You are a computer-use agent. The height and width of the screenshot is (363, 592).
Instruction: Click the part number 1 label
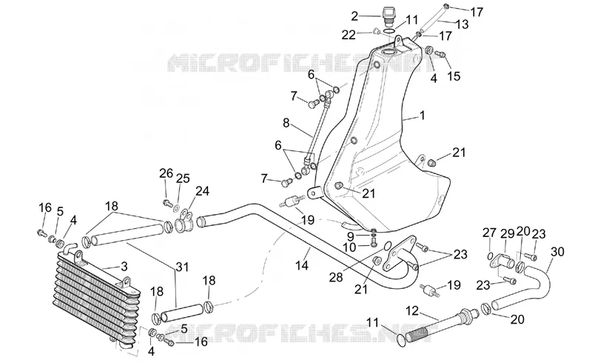[x=423, y=115]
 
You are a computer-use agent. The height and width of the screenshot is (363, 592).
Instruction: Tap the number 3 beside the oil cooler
[x=124, y=267]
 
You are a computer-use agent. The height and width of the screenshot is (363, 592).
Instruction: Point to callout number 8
[x=286, y=123]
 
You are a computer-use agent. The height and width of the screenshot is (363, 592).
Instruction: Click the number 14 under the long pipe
[x=302, y=265]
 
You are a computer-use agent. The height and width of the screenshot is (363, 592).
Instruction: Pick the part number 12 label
[x=412, y=311]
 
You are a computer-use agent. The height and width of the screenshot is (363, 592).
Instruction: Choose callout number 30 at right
[x=557, y=251]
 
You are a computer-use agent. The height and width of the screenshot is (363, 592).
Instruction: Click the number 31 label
[x=181, y=267]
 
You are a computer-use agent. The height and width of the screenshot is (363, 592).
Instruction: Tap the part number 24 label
[x=202, y=191]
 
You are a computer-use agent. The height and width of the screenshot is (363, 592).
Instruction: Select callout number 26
[x=166, y=173]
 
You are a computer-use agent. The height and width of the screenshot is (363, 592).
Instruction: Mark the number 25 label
[x=183, y=178]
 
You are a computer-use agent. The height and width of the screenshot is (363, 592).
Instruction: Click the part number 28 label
[x=336, y=278]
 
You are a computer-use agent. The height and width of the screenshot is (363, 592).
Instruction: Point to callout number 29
[x=508, y=233]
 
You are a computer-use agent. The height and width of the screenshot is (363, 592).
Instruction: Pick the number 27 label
[x=489, y=233]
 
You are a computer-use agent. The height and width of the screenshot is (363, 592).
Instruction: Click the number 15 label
[x=454, y=76]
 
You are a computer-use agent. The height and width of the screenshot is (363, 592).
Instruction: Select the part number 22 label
[x=349, y=35]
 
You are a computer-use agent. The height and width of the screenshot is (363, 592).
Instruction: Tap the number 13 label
[x=462, y=24]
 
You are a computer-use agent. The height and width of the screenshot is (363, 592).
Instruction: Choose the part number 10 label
[x=349, y=247]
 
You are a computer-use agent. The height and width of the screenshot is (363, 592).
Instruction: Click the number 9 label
[x=351, y=237]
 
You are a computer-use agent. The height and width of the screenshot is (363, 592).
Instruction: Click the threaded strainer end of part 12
[x=417, y=333]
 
